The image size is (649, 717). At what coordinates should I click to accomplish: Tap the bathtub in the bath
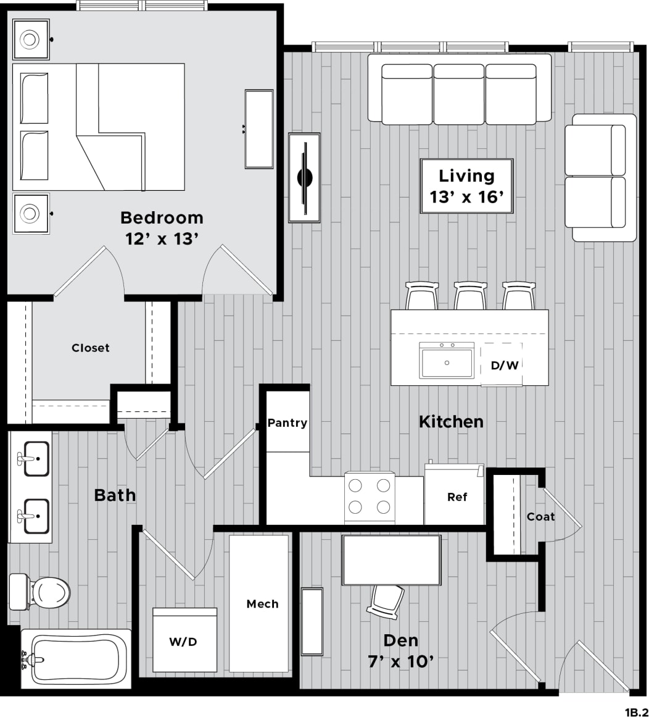click(76, 659)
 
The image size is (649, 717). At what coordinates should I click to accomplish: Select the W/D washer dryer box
click(184, 641)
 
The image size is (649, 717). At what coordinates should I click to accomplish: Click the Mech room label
click(262, 603)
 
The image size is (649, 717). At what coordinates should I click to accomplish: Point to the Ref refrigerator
click(457, 497)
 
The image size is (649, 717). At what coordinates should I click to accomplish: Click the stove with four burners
click(370, 497)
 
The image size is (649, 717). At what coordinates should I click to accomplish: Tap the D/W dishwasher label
click(504, 365)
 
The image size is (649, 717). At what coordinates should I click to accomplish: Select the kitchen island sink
click(447, 361)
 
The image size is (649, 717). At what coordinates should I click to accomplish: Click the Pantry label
click(287, 423)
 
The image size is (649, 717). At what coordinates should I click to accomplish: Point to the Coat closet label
click(540, 516)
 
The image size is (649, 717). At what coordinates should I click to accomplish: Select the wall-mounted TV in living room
click(305, 178)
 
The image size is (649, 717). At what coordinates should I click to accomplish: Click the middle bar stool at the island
click(471, 296)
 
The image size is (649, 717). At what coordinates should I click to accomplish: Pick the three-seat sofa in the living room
click(459, 88)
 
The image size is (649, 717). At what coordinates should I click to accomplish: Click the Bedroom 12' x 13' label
click(161, 227)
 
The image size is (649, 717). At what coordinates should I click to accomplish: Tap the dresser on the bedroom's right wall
click(259, 129)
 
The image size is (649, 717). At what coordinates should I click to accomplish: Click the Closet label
click(90, 348)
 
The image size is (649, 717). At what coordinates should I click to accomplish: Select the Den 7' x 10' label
click(400, 650)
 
